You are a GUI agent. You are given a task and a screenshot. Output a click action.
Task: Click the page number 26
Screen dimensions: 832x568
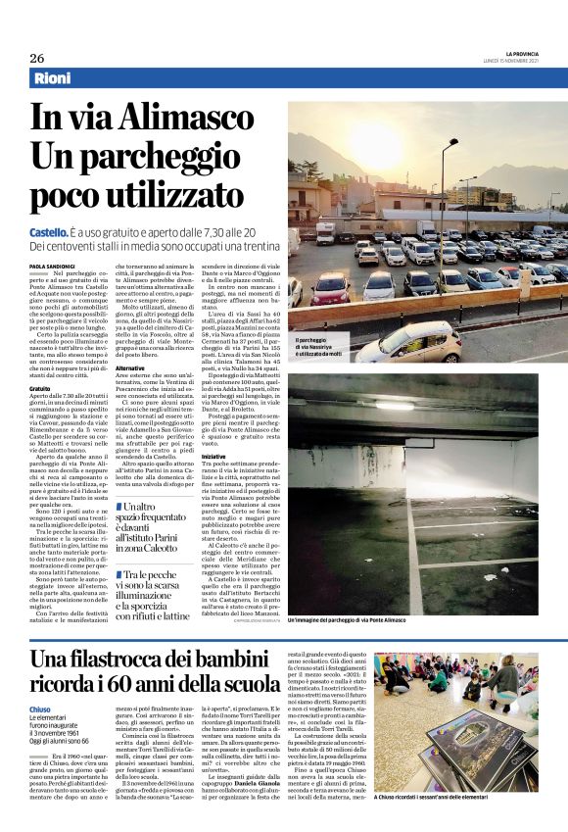point(36,57)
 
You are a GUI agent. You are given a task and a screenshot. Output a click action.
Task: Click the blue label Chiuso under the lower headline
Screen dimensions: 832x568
point(42,708)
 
